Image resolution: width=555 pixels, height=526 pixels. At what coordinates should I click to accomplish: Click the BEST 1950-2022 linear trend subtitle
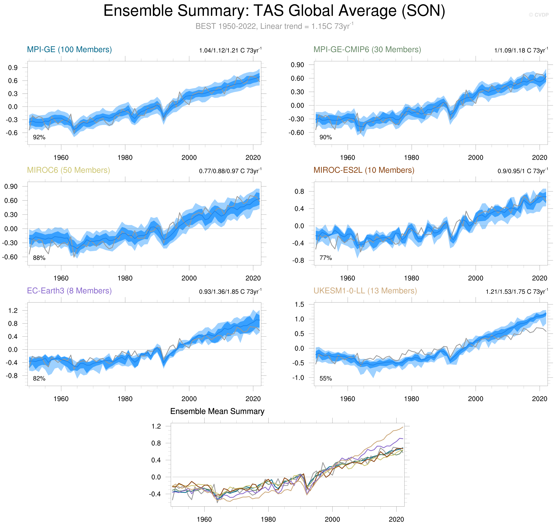[274, 26]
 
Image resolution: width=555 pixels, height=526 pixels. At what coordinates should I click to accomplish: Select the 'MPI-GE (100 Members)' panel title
[69, 50]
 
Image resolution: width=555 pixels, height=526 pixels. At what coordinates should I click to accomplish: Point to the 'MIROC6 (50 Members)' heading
[68, 170]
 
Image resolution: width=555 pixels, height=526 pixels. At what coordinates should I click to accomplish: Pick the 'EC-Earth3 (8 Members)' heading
[69, 291]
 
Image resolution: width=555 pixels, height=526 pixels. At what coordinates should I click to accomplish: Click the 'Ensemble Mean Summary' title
[217, 411]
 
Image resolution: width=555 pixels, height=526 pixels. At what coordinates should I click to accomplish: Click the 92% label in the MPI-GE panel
[39, 137]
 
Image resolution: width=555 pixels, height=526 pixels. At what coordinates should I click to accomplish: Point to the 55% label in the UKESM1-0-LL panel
[325, 378]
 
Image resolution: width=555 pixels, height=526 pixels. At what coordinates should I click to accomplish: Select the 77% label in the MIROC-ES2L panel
[325, 258]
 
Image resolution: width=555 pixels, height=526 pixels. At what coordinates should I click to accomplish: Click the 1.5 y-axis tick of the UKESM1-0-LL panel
[299, 304]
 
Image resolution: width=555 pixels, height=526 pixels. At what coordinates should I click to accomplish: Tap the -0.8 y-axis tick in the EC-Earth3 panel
[11, 376]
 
